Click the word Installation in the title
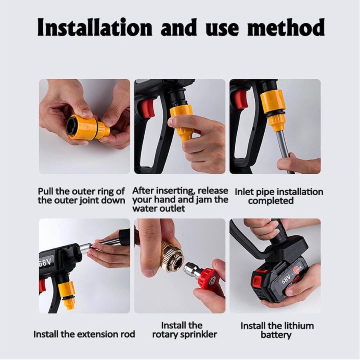[95, 27]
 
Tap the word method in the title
[286, 27]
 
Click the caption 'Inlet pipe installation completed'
[279, 196]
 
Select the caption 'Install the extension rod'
[84, 334]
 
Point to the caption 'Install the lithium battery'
[277, 330]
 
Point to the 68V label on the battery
[287, 279]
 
